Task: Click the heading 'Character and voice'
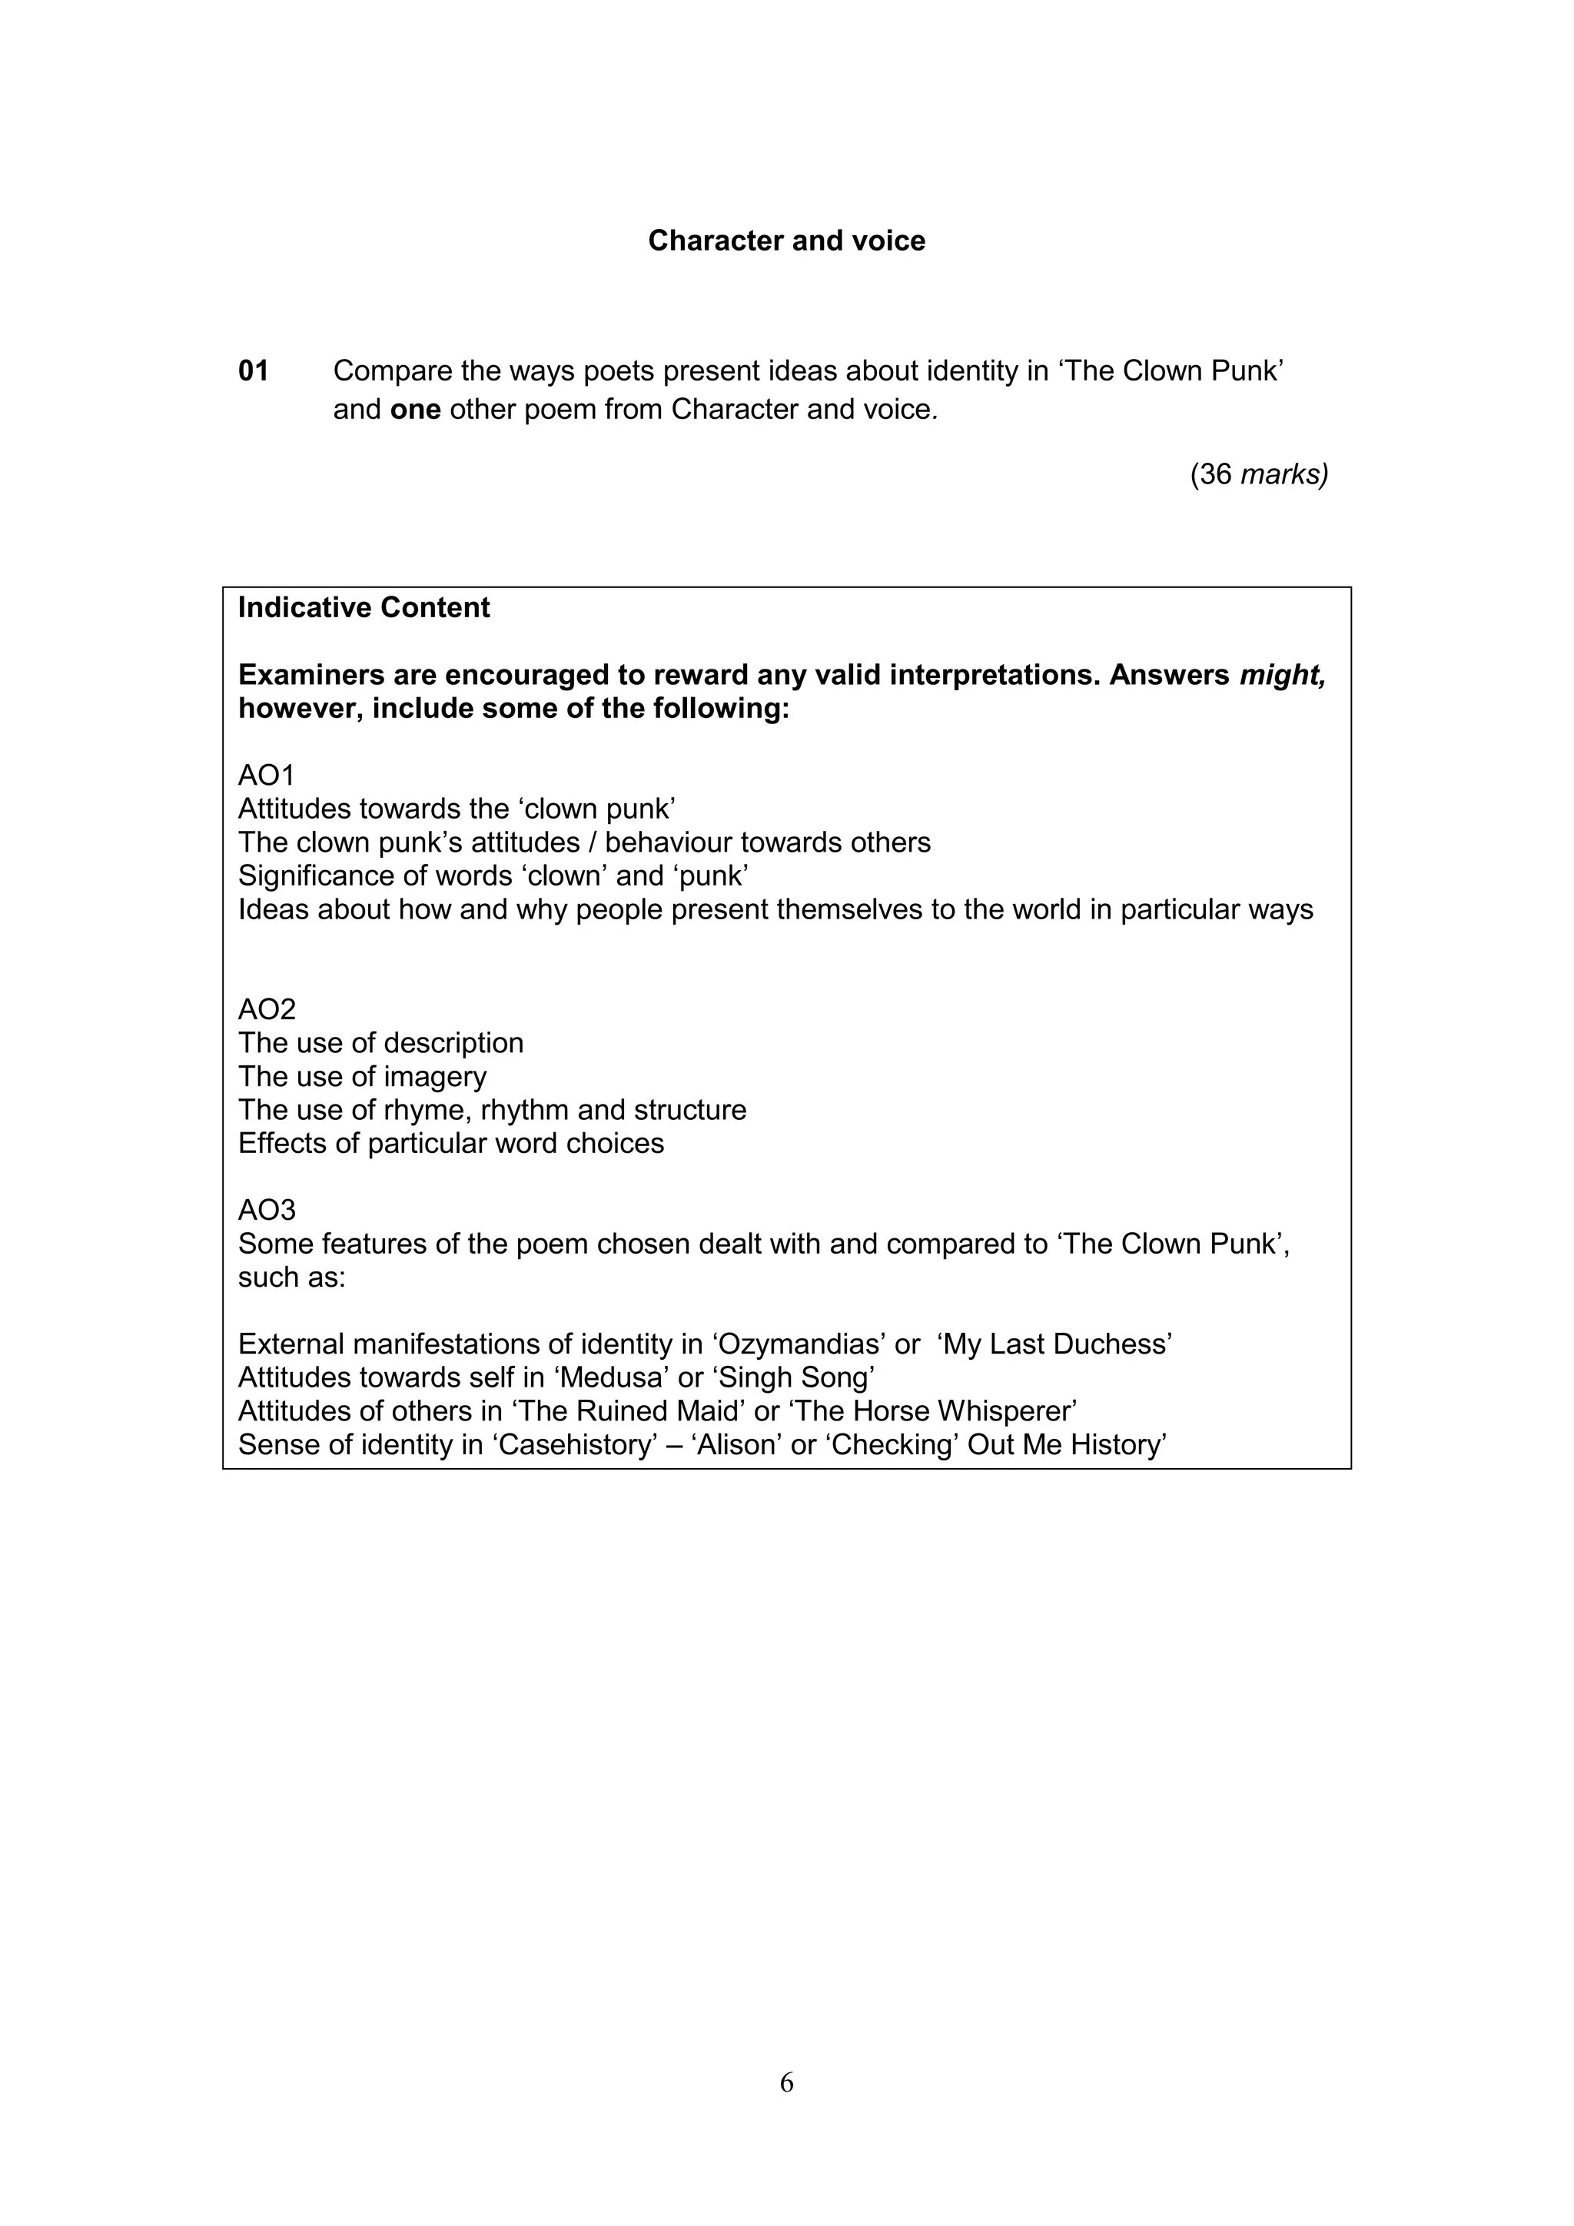(786, 241)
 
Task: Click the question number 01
(253, 370)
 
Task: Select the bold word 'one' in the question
(415, 409)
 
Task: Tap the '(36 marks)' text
(1259, 474)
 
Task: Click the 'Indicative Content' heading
(364, 608)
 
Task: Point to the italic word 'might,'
(1282, 675)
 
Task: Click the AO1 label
(267, 775)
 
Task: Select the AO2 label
(267, 1009)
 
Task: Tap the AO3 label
(267, 1210)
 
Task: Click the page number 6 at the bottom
(786, 2082)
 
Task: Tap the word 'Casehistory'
(576, 1444)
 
